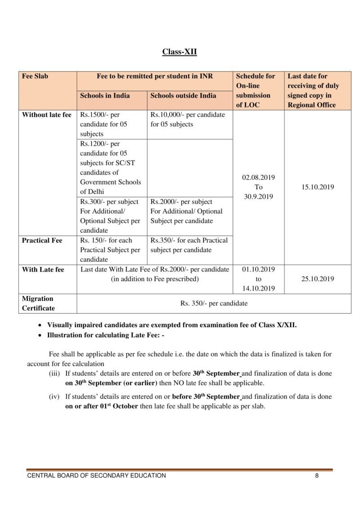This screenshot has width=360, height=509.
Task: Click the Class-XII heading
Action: tap(180, 52)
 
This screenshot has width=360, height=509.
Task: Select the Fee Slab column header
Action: tap(35, 76)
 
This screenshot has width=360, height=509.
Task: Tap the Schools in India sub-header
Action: tap(105, 95)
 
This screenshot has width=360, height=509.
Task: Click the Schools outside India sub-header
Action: tap(183, 95)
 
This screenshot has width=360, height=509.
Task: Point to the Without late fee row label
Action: tap(47, 115)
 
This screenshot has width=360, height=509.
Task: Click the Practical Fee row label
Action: tap(42, 240)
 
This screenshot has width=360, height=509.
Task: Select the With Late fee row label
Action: tap(43, 270)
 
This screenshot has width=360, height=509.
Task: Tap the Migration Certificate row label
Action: tap(38, 303)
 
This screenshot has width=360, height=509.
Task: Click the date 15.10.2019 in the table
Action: tap(318, 187)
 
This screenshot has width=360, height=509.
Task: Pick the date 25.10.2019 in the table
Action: tap(318, 279)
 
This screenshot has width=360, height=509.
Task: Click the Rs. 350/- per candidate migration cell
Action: tap(214, 303)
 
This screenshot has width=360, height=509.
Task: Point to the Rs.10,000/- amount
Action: tap(165, 115)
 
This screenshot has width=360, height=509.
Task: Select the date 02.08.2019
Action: tap(258, 177)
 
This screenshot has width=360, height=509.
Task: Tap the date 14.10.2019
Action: tap(258, 288)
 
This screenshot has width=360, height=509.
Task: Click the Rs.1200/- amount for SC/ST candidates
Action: tap(94, 144)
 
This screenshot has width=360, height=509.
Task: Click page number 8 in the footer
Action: tap(317, 476)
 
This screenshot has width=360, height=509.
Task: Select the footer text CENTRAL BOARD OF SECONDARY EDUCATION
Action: tap(96, 476)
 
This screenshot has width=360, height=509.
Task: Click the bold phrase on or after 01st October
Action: tap(101, 406)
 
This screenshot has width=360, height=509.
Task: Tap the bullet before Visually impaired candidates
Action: tap(40, 325)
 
